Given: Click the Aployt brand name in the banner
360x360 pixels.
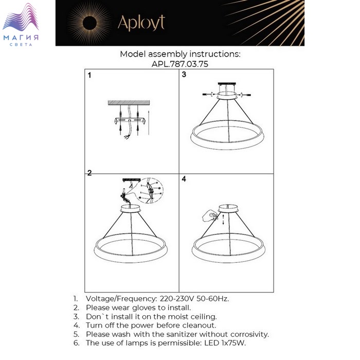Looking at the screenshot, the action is point(141,23).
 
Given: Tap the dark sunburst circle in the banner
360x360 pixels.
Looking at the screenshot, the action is point(89,23).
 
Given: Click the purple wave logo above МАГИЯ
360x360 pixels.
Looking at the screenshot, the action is point(21,17).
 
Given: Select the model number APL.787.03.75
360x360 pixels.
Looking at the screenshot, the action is point(180,64).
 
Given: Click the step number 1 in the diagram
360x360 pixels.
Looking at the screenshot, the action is point(89,75).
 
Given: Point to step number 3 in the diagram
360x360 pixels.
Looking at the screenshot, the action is point(184,75).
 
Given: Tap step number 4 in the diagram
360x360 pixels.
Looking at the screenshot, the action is point(184,179).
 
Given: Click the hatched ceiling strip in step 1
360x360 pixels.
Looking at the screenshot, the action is point(129,103).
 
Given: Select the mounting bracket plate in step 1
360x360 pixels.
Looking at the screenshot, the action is point(130,121).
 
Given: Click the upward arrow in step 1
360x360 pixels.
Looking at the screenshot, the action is point(149,122).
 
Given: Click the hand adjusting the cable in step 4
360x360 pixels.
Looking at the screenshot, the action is point(210,216).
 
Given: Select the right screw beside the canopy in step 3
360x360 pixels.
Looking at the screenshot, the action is point(245,94).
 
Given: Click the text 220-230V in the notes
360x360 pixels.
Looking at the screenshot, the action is point(177,299).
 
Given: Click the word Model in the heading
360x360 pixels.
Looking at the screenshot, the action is point(133,54).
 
